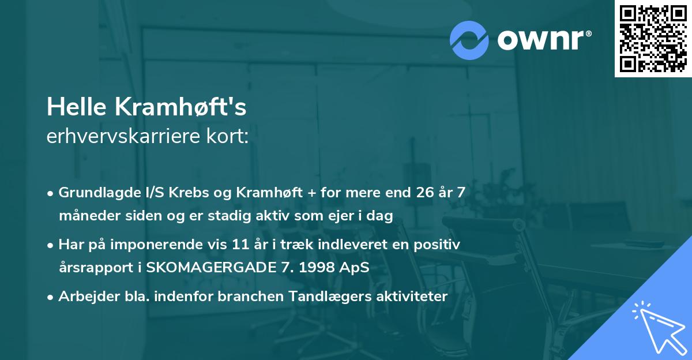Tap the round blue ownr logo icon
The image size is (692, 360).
[x=469, y=39]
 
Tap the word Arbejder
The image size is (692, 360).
[x=82, y=297]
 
